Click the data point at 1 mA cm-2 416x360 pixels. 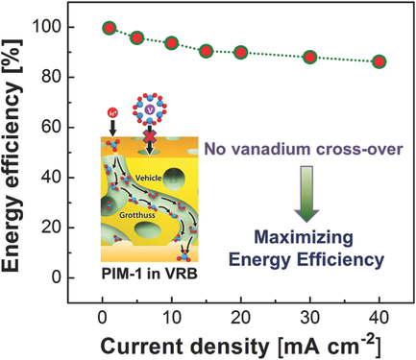[109, 29]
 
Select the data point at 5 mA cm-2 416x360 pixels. [136, 37]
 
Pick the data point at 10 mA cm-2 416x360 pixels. [171, 43]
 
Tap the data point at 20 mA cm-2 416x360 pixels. [240, 52]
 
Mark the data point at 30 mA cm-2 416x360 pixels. [309, 58]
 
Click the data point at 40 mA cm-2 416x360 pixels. [379, 61]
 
